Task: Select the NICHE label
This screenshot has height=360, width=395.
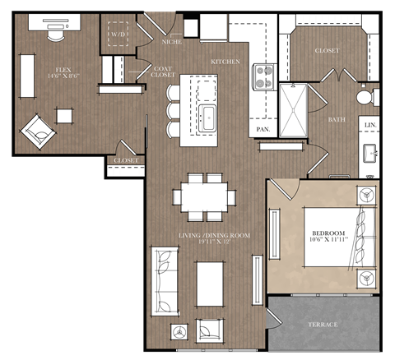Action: click(x=171, y=41)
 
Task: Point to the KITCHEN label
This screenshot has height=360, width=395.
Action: click(x=225, y=62)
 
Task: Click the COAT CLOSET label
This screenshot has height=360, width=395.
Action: click(x=163, y=72)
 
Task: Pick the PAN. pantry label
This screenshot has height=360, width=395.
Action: click(x=264, y=130)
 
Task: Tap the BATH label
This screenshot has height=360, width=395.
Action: click(x=337, y=120)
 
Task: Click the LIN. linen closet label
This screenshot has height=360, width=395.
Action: click(x=370, y=125)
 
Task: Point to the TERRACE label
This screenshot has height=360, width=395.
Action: click(x=323, y=325)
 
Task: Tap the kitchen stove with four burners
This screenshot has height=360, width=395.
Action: click(x=265, y=76)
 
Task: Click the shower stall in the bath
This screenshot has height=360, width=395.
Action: click(x=295, y=110)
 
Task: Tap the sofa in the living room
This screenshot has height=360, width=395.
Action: click(x=165, y=279)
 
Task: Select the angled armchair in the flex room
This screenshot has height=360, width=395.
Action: click(x=37, y=130)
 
